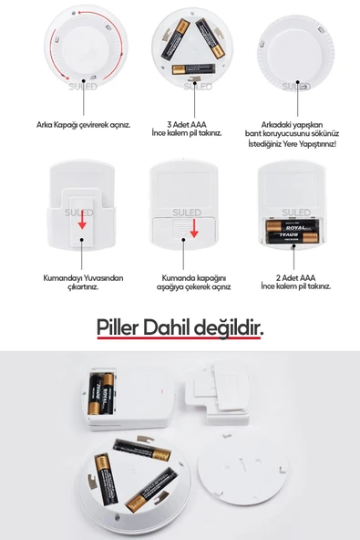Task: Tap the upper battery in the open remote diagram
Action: [x=287, y=224]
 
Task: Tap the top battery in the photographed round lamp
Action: [x=139, y=449]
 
